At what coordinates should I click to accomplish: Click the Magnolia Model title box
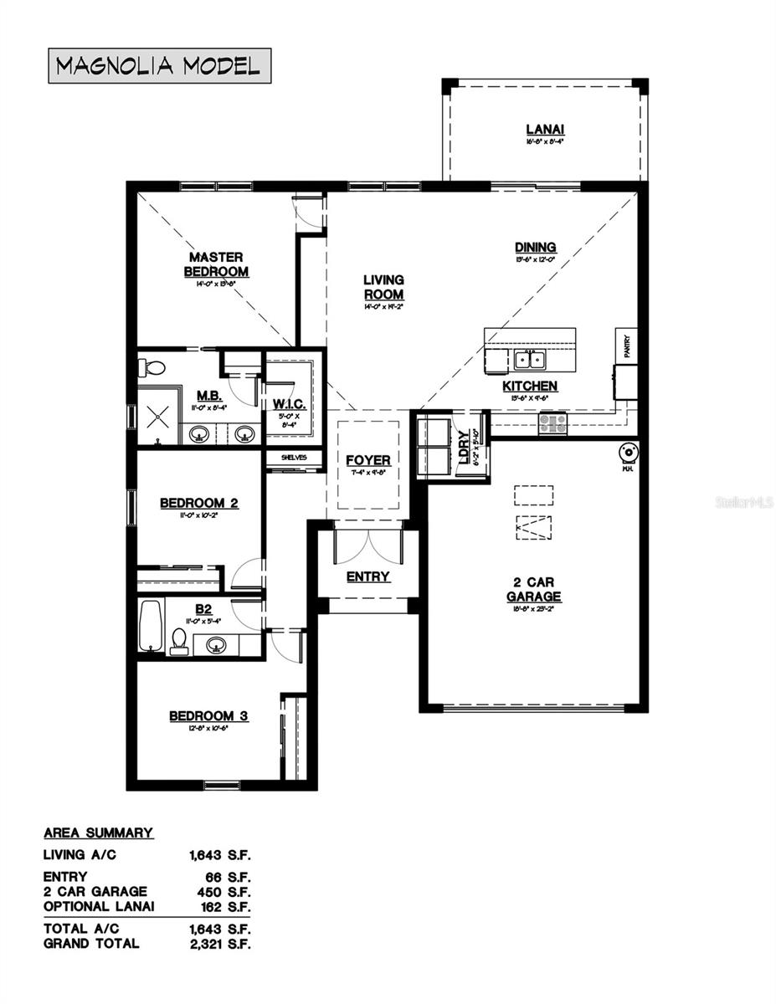[159, 66]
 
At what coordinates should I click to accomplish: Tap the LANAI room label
[545, 129]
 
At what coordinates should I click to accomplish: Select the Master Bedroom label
[216, 264]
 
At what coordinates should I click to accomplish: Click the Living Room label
[383, 287]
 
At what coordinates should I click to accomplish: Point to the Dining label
[535, 247]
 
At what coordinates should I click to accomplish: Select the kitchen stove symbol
[552, 423]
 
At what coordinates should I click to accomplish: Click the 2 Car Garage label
[533, 589]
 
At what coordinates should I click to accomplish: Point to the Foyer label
[368, 460]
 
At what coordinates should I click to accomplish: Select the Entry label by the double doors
[368, 576]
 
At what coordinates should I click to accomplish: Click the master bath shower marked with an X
[156, 416]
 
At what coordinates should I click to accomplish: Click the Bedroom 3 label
[208, 716]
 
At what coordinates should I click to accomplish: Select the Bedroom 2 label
[199, 503]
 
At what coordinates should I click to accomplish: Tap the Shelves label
[294, 458]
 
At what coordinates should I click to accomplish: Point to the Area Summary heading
[98, 832]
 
